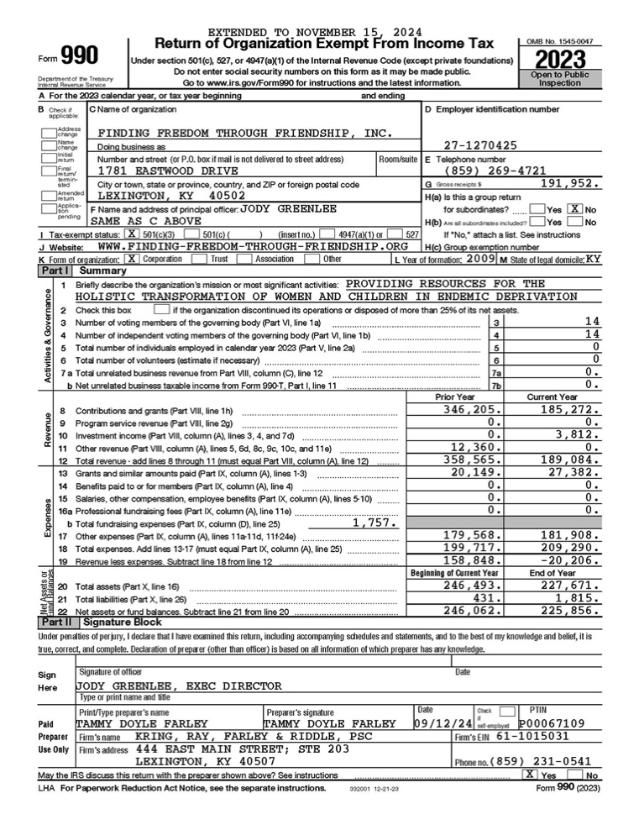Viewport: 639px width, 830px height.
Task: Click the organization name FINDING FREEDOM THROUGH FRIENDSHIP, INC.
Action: click(244, 133)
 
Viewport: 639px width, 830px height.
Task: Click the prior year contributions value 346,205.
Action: click(469, 409)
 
